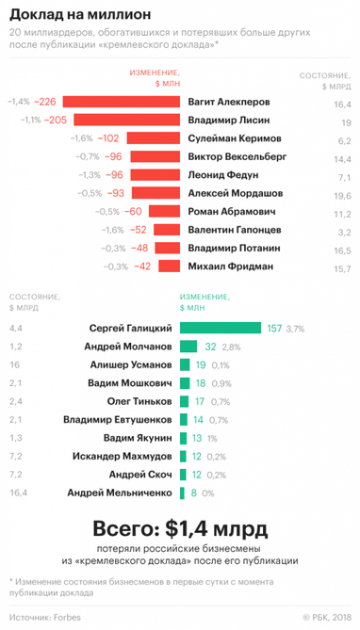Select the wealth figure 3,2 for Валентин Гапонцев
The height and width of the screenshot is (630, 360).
click(x=343, y=231)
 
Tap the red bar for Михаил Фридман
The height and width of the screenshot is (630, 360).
click(x=166, y=267)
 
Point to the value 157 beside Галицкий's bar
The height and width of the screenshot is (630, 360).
click(x=274, y=328)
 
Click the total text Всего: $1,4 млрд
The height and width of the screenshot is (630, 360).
click(x=179, y=527)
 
